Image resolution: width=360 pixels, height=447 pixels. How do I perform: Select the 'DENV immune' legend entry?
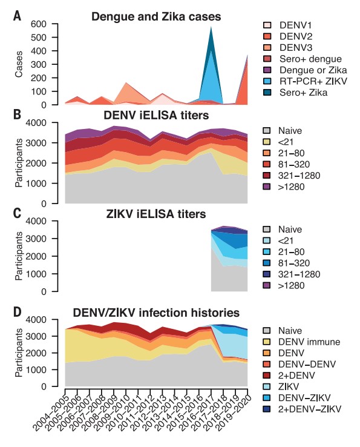(x=300, y=342)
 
